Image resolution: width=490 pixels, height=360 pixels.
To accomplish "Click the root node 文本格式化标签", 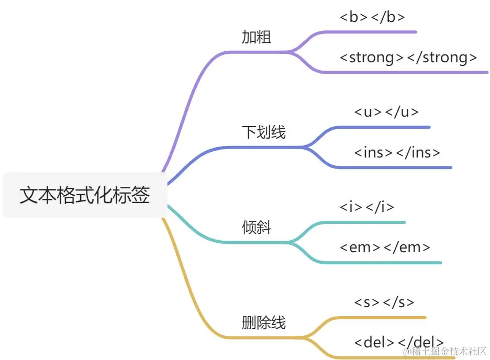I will (x=85, y=195).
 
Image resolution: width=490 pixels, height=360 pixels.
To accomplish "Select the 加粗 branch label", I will (x=257, y=37).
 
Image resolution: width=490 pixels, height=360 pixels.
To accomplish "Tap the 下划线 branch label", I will (x=264, y=132).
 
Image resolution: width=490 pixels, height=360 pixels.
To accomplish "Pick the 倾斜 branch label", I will (x=257, y=228).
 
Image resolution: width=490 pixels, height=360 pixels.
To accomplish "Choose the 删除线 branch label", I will (x=264, y=323).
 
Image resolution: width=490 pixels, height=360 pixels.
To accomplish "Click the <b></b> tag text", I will (x=372, y=17).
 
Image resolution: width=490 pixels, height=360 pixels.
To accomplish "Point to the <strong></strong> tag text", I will (x=408, y=58).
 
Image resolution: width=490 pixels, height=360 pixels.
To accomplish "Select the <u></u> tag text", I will (x=386, y=112).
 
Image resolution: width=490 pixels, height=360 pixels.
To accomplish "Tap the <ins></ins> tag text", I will (x=397, y=153).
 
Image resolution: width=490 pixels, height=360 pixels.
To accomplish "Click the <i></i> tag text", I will (x=366, y=207).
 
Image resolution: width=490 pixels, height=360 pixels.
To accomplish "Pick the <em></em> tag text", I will (x=385, y=248).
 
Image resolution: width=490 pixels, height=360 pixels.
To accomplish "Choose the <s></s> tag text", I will (x=384, y=302).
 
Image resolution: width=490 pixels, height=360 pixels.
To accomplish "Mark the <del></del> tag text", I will (x=399, y=343).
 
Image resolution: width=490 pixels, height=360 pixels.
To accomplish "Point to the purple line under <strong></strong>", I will (x=408, y=72).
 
